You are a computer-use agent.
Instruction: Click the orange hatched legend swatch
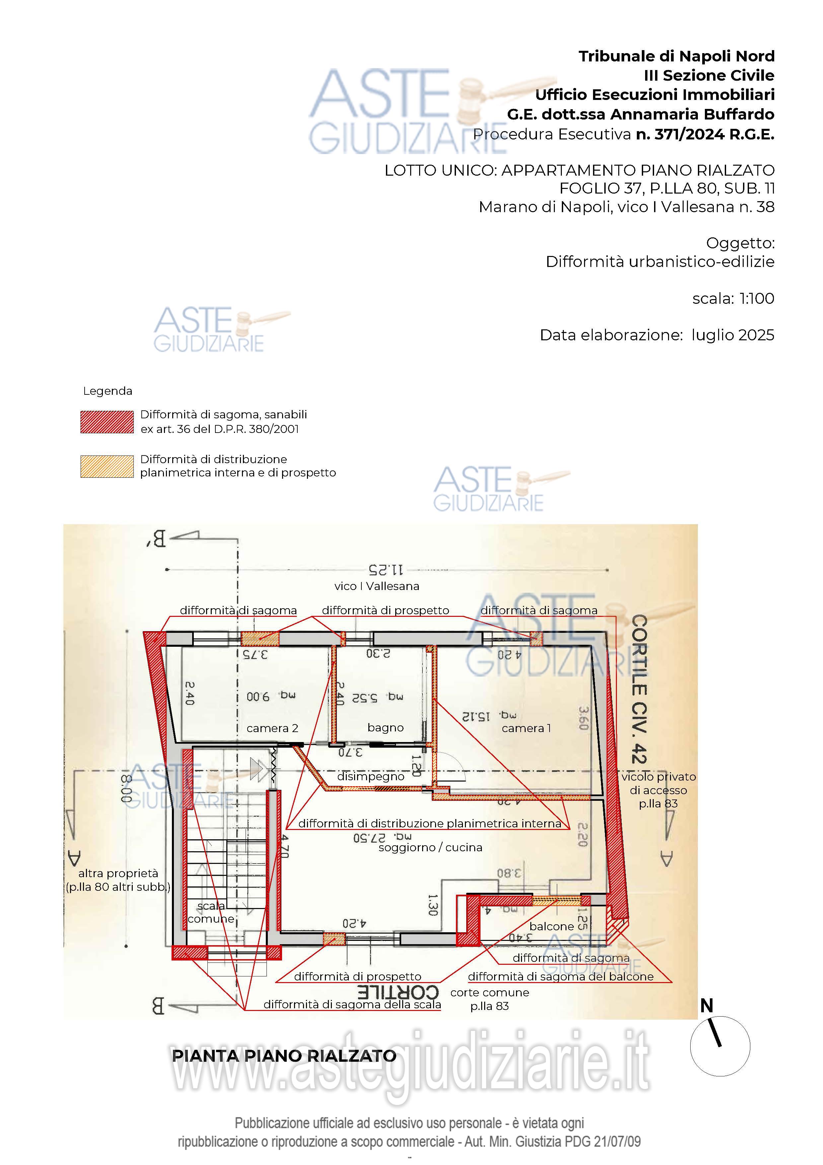107,466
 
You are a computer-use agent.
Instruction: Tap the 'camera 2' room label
272,728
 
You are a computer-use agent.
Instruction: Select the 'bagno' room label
385,728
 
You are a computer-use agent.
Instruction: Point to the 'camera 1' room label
526,728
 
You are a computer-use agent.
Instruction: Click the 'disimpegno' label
371,776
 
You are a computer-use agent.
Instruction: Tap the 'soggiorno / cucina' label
430,847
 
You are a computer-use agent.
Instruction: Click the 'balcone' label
552,926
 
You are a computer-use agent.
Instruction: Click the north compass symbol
719,1046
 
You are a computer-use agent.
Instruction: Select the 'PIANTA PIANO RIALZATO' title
284,1056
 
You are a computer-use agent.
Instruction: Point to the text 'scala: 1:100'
733,298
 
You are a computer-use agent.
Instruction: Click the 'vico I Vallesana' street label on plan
377,586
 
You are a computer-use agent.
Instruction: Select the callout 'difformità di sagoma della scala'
352,1004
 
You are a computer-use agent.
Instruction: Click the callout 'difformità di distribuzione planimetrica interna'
429,823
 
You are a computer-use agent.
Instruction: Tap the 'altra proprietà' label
118,873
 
